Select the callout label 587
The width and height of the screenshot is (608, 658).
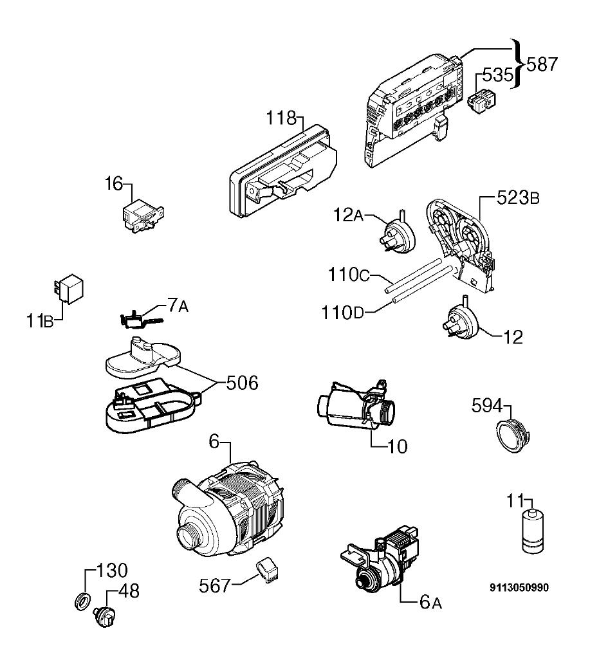click(x=542, y=64)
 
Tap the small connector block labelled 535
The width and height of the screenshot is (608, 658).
click(x=483, y=102)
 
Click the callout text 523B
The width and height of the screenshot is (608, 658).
click(x=518, y=197)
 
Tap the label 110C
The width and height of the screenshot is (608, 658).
click(x=349, y=275)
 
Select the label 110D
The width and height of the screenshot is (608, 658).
click(x=342, y=313)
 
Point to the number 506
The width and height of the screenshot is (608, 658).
click(x=243, y=383)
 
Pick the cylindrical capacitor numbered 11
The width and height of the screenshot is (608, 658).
click(x=533, y=531)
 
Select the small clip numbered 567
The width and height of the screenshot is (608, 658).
click(x=268, y=570)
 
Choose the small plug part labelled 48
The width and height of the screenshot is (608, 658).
click(x=105, y=617)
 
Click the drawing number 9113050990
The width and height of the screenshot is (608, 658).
click(x=519, y=588)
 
